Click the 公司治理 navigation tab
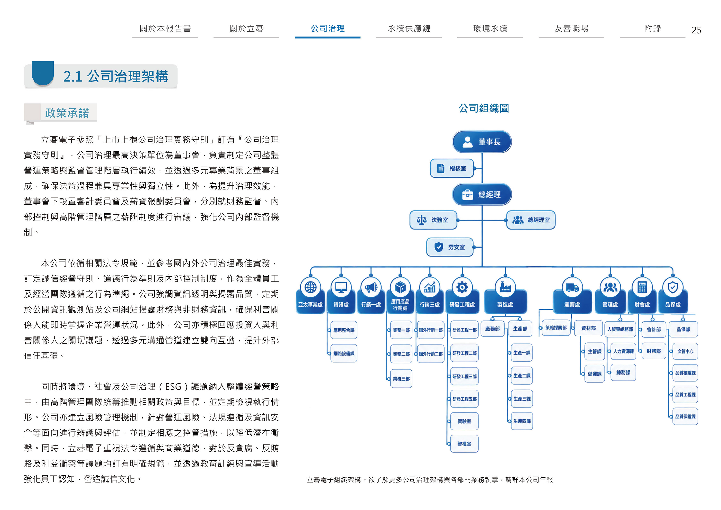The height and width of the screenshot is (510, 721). (328, 29)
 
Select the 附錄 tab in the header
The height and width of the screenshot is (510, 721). (653, 29)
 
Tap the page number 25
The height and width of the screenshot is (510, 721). (696, 30)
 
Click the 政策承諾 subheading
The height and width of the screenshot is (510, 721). (67, 113)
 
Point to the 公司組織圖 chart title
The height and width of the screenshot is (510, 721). (484, 108)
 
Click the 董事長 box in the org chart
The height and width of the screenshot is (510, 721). (482, 142)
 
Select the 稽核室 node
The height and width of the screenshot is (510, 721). (452, 168)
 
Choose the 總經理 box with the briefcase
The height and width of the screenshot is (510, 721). (482, 195)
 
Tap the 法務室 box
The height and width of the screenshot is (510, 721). (433, 220)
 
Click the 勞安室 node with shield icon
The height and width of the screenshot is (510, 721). (450, 247)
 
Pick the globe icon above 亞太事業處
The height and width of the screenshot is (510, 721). (310, 287)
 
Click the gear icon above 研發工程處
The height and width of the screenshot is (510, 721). (462, 287)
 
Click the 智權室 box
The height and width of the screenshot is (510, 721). (464, 444)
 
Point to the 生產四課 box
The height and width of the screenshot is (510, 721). (522, 421)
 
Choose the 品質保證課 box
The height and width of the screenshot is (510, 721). (685, 417)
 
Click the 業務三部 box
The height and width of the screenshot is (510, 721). (401, 379)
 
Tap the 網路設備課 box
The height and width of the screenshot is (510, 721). (344, 353)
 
